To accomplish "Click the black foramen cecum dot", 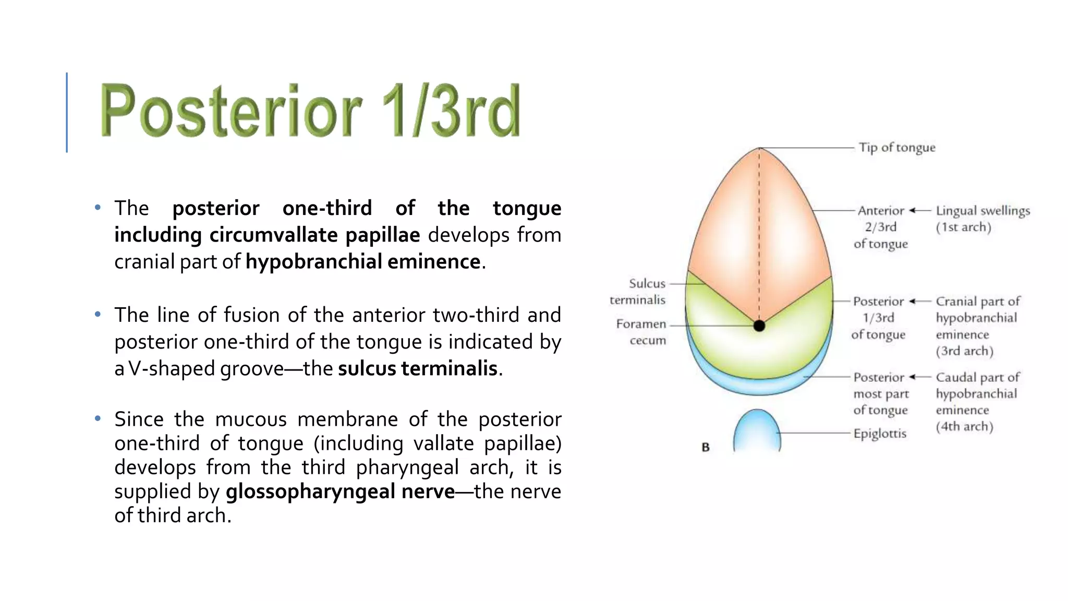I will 759,326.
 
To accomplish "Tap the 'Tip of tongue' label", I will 897,148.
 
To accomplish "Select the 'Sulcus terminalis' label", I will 638,292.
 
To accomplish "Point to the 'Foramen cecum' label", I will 641,332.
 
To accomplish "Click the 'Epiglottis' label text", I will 880,434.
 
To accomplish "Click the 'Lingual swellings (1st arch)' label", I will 982,219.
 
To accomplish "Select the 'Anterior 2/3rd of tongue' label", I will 881,227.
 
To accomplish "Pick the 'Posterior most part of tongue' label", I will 880,393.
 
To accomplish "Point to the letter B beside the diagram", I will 706,447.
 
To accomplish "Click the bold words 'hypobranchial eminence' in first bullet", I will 363,261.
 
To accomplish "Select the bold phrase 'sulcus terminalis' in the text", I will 418,368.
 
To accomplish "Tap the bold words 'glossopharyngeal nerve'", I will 340,491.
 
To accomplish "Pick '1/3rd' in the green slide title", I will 451,111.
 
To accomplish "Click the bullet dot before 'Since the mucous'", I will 98,418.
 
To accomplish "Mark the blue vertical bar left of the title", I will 67,112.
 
